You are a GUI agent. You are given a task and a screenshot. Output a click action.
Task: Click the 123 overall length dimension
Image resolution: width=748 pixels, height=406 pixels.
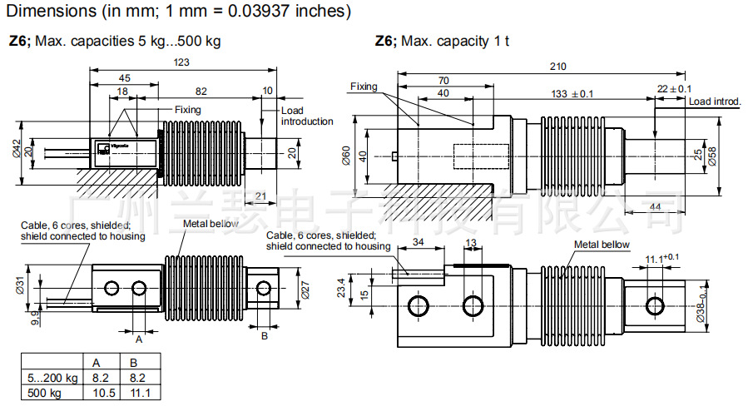pyautogui.click(x=182, y=62)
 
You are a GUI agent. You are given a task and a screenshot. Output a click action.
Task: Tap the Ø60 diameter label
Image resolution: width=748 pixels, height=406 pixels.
pyautogui.click(x=347, y=155)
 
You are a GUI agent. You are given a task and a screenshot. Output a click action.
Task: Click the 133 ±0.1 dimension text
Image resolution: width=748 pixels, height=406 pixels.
pyautogui.click(x=572, y=93)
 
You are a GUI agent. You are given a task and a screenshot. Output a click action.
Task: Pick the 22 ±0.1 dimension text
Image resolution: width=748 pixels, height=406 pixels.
pyautogui.click(x=674, y=89)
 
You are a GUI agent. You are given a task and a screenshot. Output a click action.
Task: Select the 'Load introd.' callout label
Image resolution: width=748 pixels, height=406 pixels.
pyautogui.click(x=716, y=101)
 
